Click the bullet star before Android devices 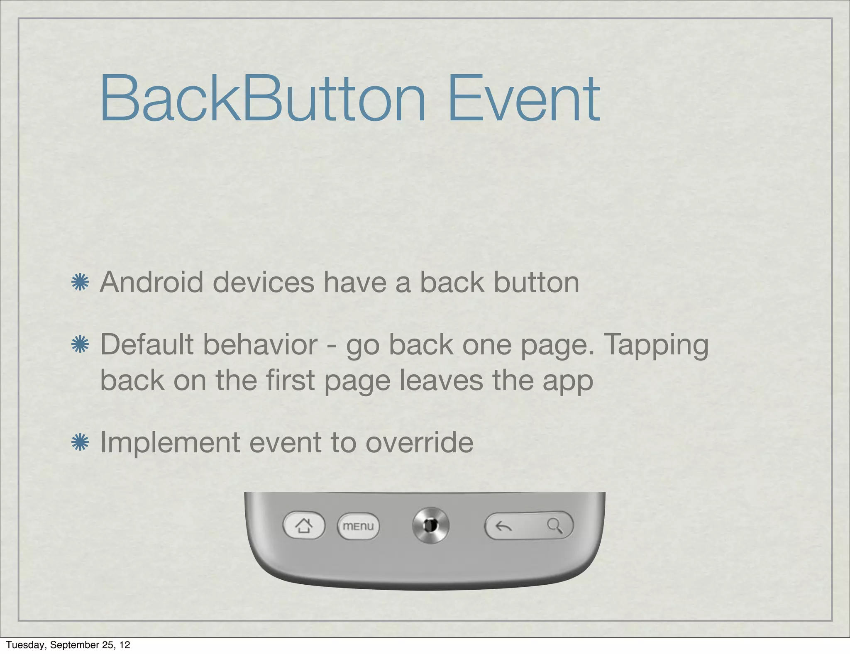point(80,283)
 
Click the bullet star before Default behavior point(80,345)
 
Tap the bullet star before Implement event point(80,442)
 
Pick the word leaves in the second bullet point(441,380)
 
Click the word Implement point(170,442)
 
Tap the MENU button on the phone point(358,526)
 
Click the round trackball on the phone point(431,525)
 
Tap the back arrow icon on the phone point(504,526)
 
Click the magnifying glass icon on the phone point(554,526)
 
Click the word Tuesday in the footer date point(25,644)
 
